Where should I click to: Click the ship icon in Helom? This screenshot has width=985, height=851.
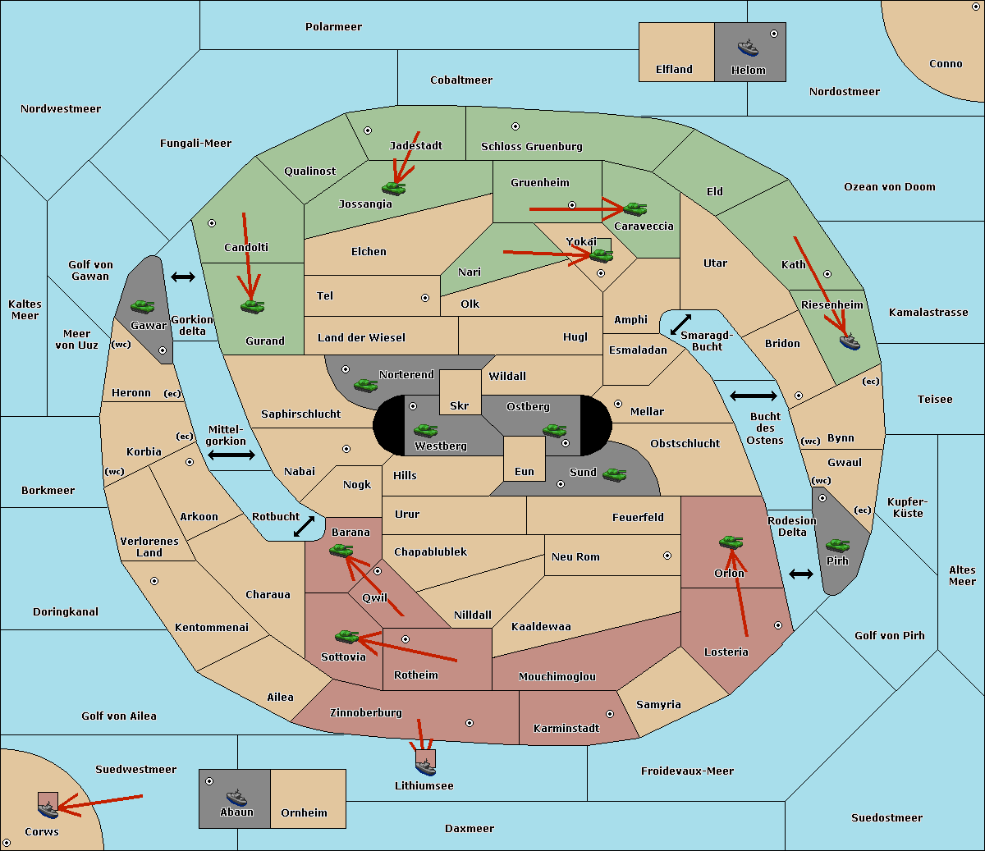point(748,48)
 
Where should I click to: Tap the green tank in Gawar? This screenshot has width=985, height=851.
point(143,306)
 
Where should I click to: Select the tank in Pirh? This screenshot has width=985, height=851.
point(837,545)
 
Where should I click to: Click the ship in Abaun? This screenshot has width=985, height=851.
point(236,797)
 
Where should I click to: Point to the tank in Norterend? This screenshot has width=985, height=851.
point(365,385)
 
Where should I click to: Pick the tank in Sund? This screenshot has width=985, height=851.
point(614,474)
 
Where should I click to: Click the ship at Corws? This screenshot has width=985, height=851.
point(48,809)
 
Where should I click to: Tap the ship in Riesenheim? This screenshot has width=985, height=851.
point(850,341)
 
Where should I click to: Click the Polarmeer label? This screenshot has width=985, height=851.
point(333,27)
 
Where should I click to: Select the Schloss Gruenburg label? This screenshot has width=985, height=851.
point(532,146)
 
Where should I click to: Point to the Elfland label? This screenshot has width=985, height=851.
point(674,70)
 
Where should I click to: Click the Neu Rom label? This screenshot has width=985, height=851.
point(575,556)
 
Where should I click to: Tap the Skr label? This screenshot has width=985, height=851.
point(460,405)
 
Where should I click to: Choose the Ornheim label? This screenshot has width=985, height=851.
point(304,812)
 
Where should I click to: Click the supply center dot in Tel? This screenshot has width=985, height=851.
point(425,298)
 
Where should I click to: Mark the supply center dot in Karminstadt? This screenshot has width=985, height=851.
point(610,714)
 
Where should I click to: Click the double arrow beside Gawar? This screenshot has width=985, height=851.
point(183,277)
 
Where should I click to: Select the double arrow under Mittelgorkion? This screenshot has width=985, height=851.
point(231,455)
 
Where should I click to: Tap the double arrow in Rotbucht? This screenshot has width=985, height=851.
point(304,526)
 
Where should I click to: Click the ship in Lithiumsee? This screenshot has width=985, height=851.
point(425,766)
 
